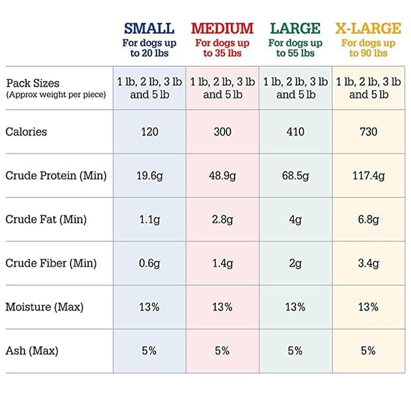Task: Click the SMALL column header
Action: tap(149, 28)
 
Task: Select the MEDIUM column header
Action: tap(222, 28)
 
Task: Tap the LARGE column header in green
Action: tap(295, 28)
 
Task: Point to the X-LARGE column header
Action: tap(368, 28)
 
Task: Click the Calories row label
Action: tap(26, 132)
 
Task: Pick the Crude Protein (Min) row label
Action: tap(56, 176)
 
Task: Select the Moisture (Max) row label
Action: tap(44, 307)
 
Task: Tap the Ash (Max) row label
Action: tap(32, 351)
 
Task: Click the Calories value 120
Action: tap(150, 132)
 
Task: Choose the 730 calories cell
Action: tap(368, 132)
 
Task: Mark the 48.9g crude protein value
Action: tap(222, 176)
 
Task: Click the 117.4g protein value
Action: tap(368, 176)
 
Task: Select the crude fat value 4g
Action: tap(295, 220)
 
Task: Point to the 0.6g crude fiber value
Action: tap(150, 264)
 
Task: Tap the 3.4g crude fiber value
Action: tap(368, 264)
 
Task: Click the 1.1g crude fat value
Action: tap(150, 220)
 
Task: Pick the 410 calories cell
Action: tap(295, 132)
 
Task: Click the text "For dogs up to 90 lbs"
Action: tap(368, 48)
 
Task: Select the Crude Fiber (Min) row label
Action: tap(51, 264)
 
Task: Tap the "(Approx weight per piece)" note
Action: tap(56, 95)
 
